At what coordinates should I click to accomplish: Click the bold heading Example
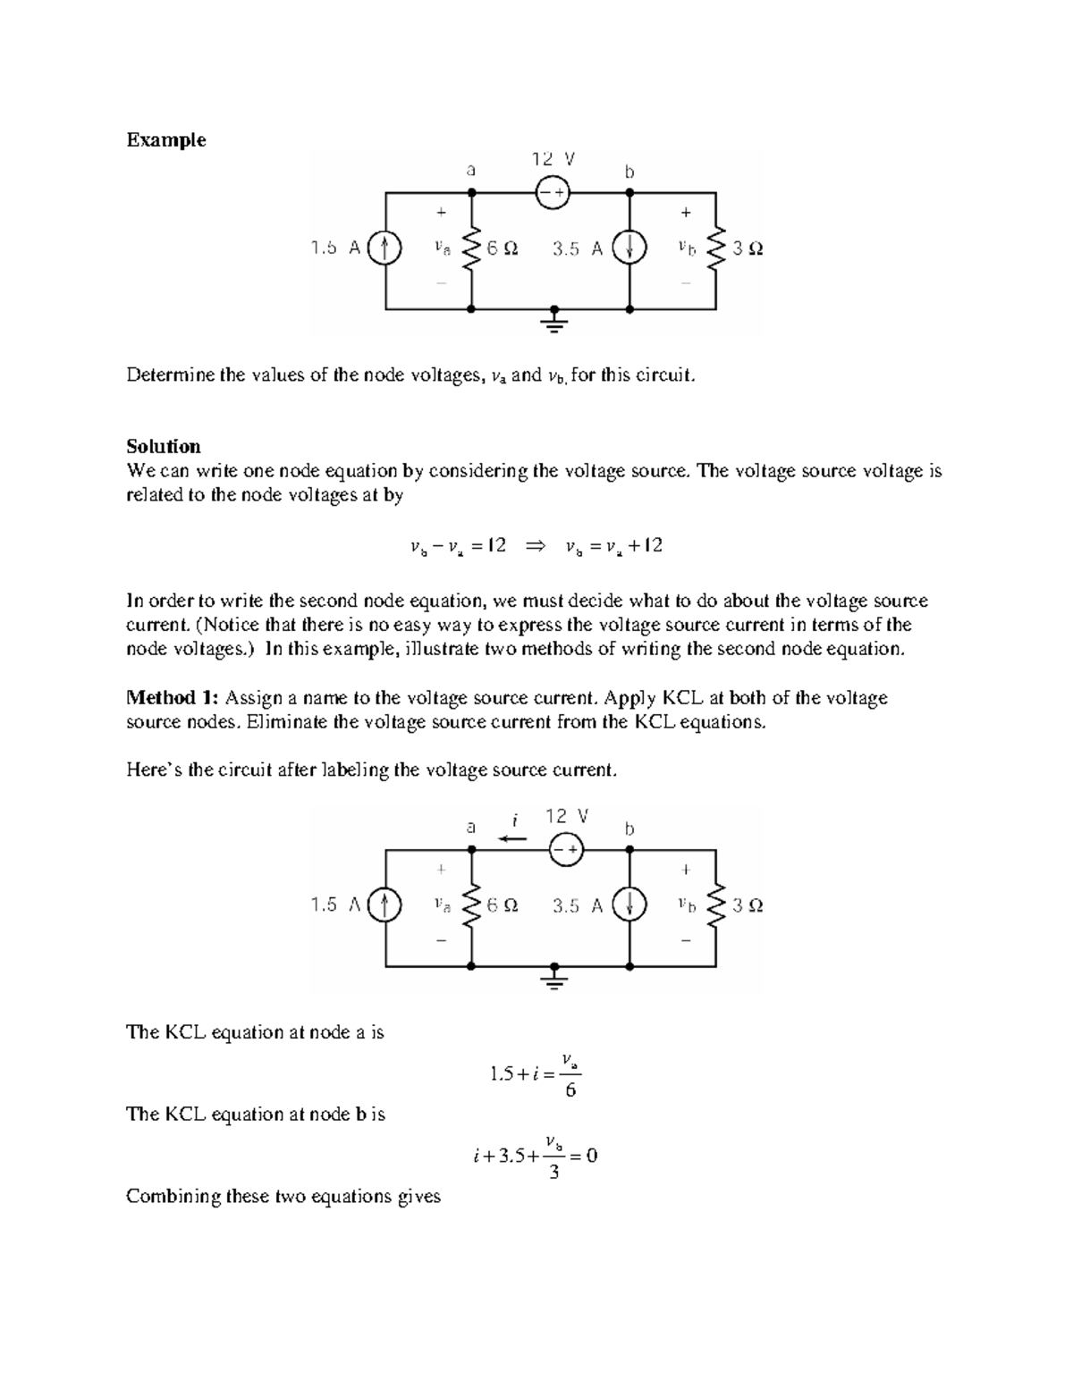tap(165, 140)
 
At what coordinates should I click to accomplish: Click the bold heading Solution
tap(163, 447)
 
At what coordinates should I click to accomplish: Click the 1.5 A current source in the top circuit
tap(385, 248)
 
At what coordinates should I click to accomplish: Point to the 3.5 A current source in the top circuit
tap(629, 248)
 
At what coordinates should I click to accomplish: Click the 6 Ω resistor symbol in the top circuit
tap(471, 248)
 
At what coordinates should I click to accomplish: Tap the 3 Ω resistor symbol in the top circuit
tap(715, 248)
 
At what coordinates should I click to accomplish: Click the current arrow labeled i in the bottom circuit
tap(513, 838)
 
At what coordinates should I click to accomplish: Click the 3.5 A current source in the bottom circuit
tap(629, 905)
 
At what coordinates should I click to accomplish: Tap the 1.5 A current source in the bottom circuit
tap(385, 905)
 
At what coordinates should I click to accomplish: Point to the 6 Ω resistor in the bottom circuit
tap(471, 905)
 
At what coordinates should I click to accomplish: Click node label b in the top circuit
tap(629, 172)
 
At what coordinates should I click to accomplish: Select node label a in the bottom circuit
tap(470, 827)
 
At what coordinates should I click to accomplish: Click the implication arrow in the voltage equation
tap(536, 546)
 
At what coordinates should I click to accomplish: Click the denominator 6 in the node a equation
tap(570, 1090)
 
